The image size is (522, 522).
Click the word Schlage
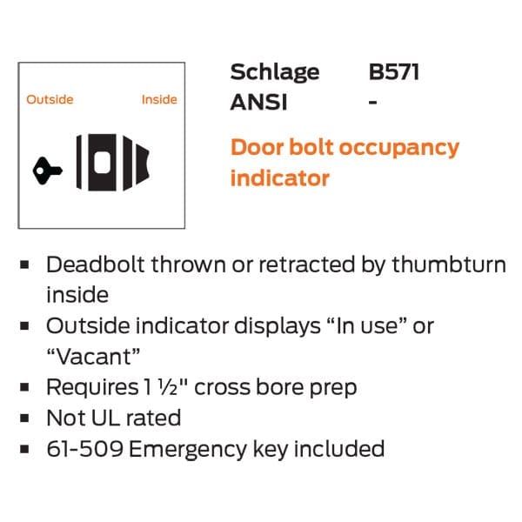(x=275, y=73)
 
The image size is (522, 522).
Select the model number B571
(x=394, y=71)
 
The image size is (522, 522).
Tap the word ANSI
(x=258, y=102)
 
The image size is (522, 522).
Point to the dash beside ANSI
(x=373, y=102)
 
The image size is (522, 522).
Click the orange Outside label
(x=50, y=99)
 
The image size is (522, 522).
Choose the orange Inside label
(x=159, y=99)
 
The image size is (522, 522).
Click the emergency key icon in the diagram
(x=47, y=171)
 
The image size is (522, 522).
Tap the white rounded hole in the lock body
(x=102, y=163)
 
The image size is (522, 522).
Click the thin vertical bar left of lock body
(x=79, y=162)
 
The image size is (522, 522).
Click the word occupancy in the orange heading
(x=398, y=149)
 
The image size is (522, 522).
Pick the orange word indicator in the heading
(x=280, y=178)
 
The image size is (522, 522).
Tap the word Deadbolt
(x=96, y=265)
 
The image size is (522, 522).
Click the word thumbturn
(x=449, y=265)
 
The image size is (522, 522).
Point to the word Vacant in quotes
(x=94, y=357)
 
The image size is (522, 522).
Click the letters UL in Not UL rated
(x=105, y=418)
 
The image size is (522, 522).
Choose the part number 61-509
(x=85, y=449)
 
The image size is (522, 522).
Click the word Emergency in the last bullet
(x=188, y=450)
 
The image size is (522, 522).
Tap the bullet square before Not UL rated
(x=24, y=418)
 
